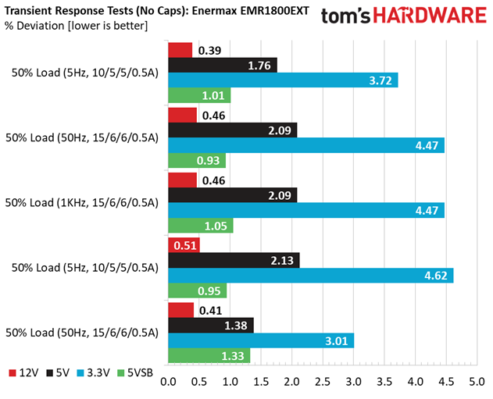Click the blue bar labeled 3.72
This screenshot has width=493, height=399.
tap(283, 80)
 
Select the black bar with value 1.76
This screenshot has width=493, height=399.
tap(223, 66)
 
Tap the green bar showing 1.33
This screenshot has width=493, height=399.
tap(209, 355)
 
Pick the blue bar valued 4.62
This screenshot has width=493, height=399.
tap(311, 276)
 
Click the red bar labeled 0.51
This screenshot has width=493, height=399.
tap(184, 245)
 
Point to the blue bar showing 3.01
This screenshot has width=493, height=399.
tap(261, 340)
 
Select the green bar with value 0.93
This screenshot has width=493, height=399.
tap(197, 161)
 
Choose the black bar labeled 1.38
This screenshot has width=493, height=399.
tap(211, 326)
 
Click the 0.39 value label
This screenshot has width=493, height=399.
tap(209, 50)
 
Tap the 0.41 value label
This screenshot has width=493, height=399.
tap(211, 311)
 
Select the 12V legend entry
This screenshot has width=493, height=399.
tap(23, 372)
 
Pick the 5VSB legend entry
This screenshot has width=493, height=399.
tap(135, 372)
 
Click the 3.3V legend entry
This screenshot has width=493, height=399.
tap(94, 372)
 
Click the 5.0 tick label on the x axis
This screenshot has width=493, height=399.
tap(477, 382)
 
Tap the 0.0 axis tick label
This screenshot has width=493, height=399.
tap(168, 382)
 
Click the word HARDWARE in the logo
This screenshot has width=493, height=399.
tap(430, 16)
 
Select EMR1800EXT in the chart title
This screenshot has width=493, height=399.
tap(275, 11)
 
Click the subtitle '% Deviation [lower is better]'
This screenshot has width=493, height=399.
tap(76, 26)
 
